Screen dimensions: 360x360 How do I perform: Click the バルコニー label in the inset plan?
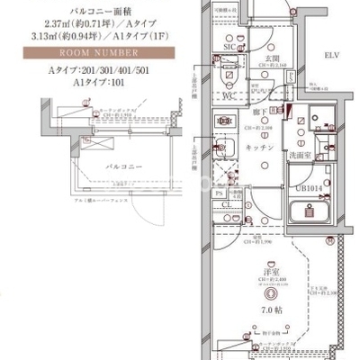click(111, 168)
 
